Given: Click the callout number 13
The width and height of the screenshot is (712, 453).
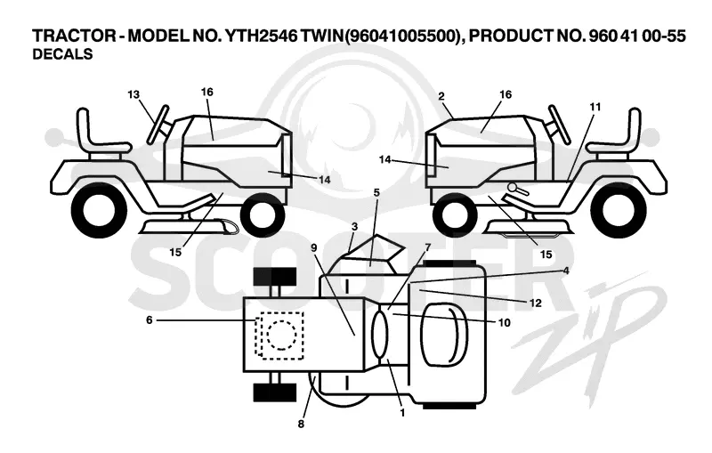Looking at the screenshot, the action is click(x=133, y=94).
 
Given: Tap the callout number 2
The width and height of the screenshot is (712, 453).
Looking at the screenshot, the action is click(x=441, y=96).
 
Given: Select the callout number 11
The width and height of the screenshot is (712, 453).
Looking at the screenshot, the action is click(x=595, y=107).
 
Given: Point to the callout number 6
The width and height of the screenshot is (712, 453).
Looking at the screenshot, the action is click(x=150, y=320).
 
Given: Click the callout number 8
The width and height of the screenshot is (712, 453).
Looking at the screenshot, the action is click(x=301, y=424).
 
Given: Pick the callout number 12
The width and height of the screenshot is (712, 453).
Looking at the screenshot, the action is click(x=536, y=303).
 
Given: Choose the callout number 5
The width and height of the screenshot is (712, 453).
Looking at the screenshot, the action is click(x=376, y=192).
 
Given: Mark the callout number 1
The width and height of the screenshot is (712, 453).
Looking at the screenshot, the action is click(x=402, y=413).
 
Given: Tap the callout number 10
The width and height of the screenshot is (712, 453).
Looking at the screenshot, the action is click(x=505, y=323).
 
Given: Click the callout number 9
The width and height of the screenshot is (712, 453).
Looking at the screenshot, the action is click(x=314, y=247).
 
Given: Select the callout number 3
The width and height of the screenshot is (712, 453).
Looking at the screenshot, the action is click(x=354, y=226).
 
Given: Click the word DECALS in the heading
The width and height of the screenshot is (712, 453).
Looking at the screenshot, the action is click(x=62, y=54).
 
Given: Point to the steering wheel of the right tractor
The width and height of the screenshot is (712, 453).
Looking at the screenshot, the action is click(x=561, y=125).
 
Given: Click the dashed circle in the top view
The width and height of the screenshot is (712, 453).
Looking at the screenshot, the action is click(x=282, y=335).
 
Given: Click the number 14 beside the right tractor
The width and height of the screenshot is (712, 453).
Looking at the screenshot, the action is click(x=384, y=160).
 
